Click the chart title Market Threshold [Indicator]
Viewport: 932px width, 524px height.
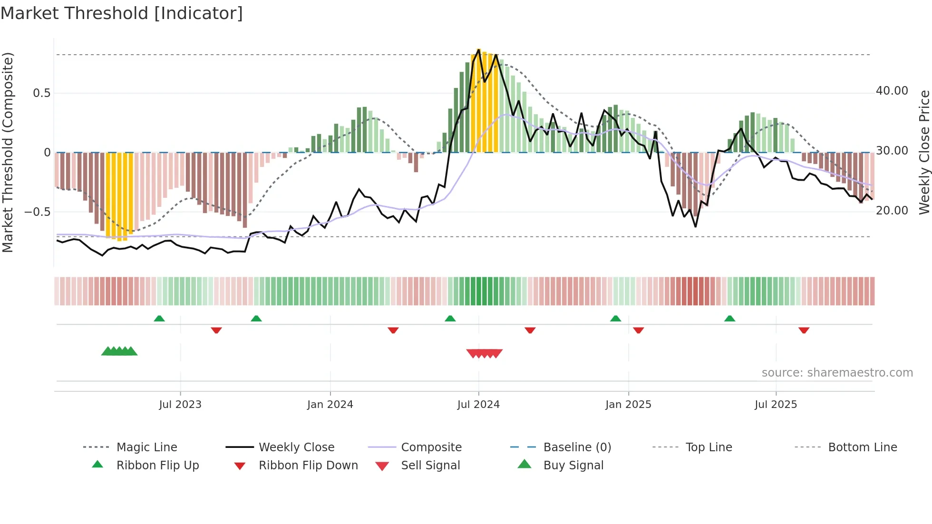(122, 13)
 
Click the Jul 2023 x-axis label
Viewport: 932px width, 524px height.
(180, 405)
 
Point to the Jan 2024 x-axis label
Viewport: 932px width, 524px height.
(330, 405)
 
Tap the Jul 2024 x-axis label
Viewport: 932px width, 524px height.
(478, 405)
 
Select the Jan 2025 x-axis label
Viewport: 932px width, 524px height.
(628, 405)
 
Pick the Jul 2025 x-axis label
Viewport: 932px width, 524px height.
(776, 405)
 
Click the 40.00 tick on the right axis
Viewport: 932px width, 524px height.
(892, 91)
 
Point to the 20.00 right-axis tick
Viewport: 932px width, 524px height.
(892, 211)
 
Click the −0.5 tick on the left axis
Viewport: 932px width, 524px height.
(37, 212)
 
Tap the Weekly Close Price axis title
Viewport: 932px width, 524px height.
(924, 152)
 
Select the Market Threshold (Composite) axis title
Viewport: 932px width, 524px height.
(8, 152)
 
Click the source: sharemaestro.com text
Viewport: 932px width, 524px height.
(837, 373)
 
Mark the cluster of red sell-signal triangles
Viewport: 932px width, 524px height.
(485, 353)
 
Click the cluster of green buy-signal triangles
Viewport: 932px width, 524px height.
(119, 351)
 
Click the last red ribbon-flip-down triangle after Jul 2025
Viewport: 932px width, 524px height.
(804, 330)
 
